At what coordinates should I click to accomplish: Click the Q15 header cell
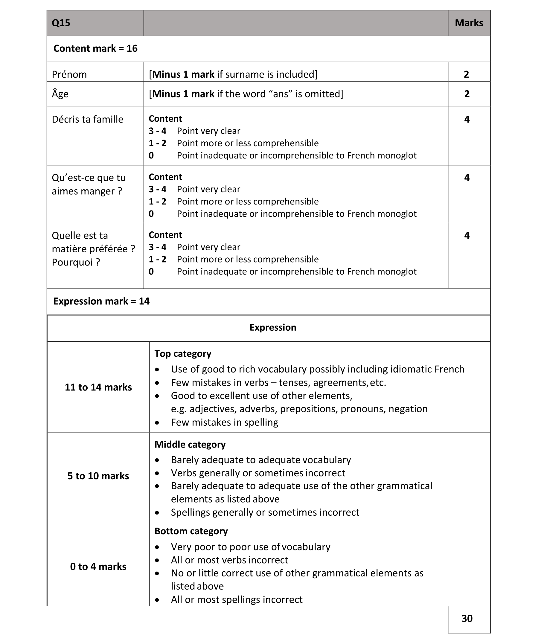[x=61, y=23]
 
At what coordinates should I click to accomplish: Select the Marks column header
[x=469, y=23]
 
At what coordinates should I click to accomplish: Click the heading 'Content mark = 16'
[x=95, y=49]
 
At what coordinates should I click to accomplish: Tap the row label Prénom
[x=69, y=74]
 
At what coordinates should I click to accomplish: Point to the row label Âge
[x=60, y=94]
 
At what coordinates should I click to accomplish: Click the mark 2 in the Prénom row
[x=466, y=74]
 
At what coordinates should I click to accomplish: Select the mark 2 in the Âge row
[x=467, y=94]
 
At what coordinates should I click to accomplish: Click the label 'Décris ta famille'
[x=88, y=120]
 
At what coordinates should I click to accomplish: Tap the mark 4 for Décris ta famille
[x=467, y=120]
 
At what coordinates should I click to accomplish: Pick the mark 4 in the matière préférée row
[x=467, y=236]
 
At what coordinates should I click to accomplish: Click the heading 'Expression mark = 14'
[x=101, y=301]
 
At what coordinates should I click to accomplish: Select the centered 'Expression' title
[x=273, y=327]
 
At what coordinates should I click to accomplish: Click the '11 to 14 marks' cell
[x=98, y=387]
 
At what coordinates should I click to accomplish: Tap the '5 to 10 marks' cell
[x=98, y=476]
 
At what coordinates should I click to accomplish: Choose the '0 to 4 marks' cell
[x=98, y=566]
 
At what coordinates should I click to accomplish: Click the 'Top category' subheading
[x=183, y=354]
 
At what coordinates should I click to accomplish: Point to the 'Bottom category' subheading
[x=191, y=531]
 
